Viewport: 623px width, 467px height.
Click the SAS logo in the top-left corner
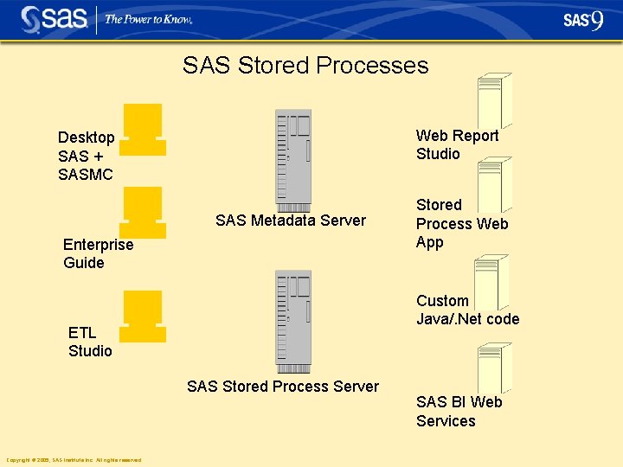tap(55, 18)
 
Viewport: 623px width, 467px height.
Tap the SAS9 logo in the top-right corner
tap(583, 20)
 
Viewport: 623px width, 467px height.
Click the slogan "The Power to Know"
tap(148, 19)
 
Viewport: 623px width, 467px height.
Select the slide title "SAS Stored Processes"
tap(305, 66)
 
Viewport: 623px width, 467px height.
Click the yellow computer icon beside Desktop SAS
tap(143, 130)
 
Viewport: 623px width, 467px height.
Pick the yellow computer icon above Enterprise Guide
tap(143, 213)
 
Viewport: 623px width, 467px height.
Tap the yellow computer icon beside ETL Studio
tap(143, 317)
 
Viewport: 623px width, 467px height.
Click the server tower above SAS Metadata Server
tap(293, 160)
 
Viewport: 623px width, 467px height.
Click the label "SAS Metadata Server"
tap(291, 221)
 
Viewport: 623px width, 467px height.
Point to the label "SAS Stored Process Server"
tap(283, 387)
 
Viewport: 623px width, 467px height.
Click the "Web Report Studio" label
tap(457, 144)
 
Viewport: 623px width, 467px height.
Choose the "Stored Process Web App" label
tap(461, 224)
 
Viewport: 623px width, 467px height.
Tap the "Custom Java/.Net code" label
tap(467, 310)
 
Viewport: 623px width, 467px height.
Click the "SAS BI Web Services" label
tap(459, 412)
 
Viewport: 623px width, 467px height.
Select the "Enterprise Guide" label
tap(98, 253)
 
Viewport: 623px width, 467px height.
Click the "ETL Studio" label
tap(90, 342)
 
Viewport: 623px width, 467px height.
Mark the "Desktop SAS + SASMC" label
tap(86, 156)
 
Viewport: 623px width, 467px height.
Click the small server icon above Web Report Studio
tap(495, 100)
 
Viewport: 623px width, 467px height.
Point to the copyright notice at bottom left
tap(74, 460)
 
